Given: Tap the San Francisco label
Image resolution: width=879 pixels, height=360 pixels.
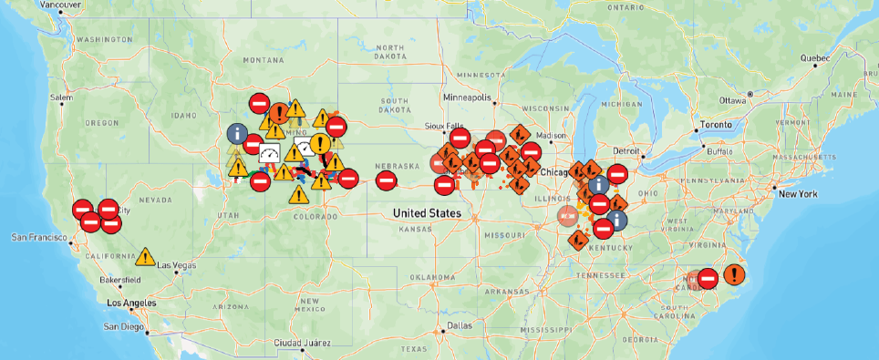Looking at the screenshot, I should (37, 237).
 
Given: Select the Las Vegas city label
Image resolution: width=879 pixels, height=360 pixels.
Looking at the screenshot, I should (177, 265).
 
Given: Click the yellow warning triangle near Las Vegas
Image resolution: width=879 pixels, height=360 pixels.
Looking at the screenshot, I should (144, 256).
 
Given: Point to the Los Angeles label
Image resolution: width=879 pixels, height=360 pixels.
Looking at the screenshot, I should (132, 302).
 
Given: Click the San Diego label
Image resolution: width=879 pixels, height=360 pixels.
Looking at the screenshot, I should (123, 325).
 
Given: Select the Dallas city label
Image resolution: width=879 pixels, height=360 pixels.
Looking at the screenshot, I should (460, 324).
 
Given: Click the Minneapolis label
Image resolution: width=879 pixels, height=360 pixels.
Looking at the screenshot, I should (467, 97).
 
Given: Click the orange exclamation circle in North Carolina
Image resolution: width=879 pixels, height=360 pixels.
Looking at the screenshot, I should (734, 274).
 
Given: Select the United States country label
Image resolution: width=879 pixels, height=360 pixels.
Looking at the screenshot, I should (427, 212).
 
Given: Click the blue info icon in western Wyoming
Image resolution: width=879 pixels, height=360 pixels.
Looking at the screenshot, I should (237, 134).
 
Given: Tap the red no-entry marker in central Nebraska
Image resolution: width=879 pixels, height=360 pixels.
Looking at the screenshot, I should (387, 180).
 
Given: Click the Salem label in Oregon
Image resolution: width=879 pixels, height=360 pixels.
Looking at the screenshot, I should (61, 97).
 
